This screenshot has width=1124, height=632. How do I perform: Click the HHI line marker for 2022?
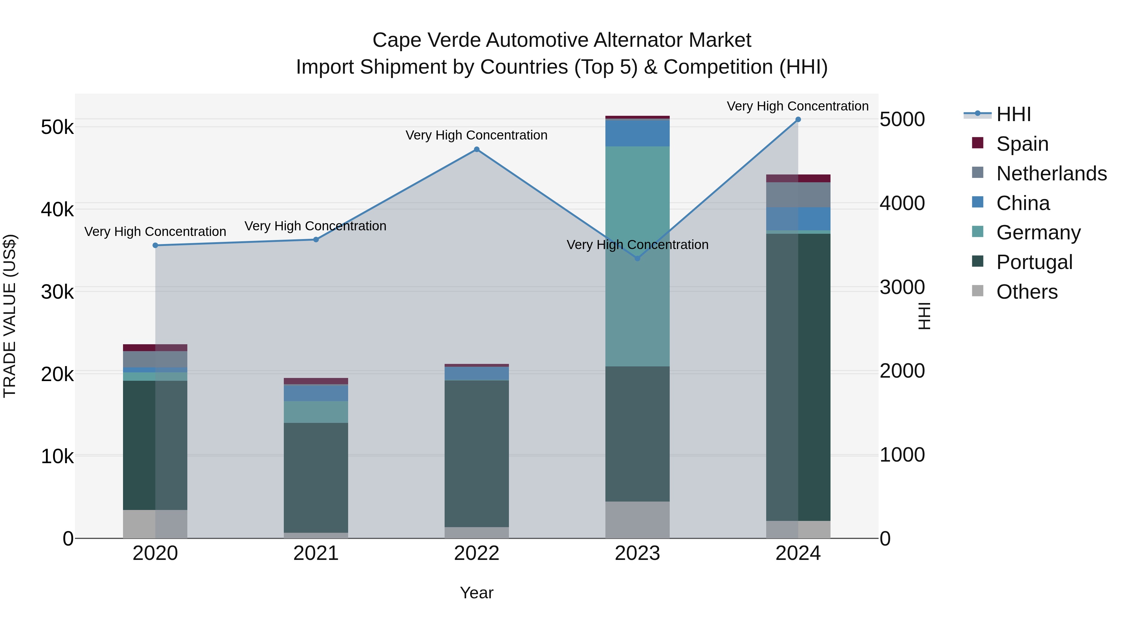476,149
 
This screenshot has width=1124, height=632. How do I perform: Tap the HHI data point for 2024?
798,120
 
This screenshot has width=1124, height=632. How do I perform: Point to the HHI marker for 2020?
155,246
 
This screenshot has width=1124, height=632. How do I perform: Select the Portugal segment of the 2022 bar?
476,453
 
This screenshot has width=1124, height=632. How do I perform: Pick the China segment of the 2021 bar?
316,393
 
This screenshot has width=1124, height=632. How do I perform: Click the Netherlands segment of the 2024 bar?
798,195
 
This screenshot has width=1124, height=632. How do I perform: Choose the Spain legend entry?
1022,144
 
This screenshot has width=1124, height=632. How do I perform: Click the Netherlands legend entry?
1051,174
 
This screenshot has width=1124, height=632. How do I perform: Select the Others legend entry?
1026,292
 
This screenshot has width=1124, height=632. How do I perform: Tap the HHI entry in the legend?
1013,114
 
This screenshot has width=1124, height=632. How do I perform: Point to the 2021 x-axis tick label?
316,553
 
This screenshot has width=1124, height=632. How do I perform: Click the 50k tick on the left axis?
57,127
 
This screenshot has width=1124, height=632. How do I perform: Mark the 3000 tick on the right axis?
902,287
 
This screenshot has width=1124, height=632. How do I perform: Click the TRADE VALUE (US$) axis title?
10,316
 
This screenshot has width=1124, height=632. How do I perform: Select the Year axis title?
476,593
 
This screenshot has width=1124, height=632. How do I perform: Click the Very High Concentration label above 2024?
797,106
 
